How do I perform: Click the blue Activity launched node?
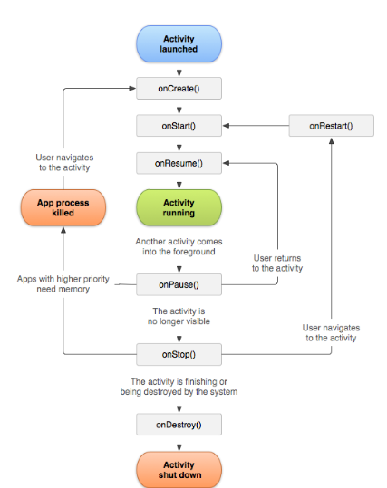(x=179, y=43)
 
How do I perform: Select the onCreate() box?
(x=179, y=89)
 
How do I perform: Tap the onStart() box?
(x=179, y=126)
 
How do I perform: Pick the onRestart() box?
(x=331, y=126)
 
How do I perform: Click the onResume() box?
(x=179, y=163)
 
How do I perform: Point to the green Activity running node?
(x=179, y=207)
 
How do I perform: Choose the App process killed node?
(x=63, y=207)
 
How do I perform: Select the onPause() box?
(x=179, y=284)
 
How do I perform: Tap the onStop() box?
(x=179, y=354)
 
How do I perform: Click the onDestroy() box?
(x=179, y=425)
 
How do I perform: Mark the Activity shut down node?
(x=179, y=470)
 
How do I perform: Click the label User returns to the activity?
(x=277, y=263)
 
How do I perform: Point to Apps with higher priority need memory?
(x=63, y=284)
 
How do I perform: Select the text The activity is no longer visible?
(x=179, y=316)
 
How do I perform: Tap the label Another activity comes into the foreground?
(x=179, y=246)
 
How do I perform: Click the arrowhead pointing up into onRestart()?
(x=331, y=141)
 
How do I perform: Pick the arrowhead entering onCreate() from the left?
(x=132, y=89)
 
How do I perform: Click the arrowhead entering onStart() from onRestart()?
(x=227, y=126)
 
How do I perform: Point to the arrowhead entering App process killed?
(x=63, y=230)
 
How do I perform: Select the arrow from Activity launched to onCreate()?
(x=179, y=70)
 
